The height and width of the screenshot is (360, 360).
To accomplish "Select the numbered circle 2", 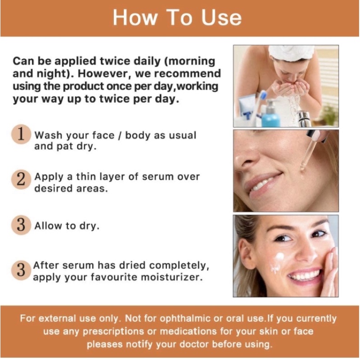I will pos(21,179).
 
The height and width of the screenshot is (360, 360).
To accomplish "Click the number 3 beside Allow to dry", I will pos(21,225).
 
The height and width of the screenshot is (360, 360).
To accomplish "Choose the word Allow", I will pos(48,225).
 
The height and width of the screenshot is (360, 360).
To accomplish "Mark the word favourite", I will pos(115,277).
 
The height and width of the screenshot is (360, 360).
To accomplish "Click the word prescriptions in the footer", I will pos(113,332).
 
